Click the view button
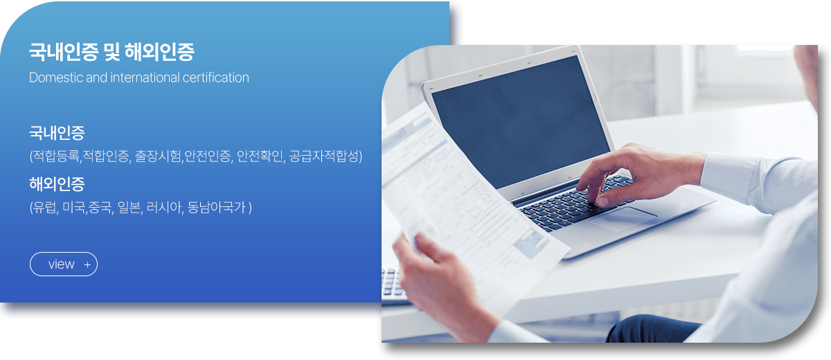click(64, 264)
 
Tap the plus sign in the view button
click(87, 264)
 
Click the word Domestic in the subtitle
click(55, 78)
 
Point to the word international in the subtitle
click(145, 78)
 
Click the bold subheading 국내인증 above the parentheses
click(57, 133)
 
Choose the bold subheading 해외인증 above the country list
click(57, 184)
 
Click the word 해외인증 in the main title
click(159, 51)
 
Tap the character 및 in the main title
click(111, 51)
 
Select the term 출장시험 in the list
click(158, 156)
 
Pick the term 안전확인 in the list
click(260, 156)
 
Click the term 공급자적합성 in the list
click(324, 156)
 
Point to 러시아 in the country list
click(163, 207)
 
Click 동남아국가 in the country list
click(217, 207)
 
